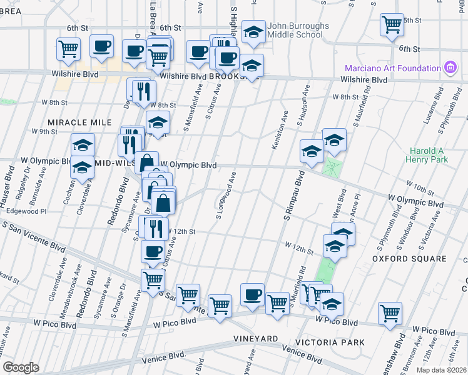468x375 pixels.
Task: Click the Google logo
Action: click(21, 367)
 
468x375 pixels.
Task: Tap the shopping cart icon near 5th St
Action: click(392, 26)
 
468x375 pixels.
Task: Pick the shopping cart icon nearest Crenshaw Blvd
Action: click(390, 312)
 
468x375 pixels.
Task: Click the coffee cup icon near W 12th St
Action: click(151, 252)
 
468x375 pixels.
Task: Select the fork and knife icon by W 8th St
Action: click(144, 91)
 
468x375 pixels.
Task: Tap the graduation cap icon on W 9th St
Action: click(158, 122)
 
